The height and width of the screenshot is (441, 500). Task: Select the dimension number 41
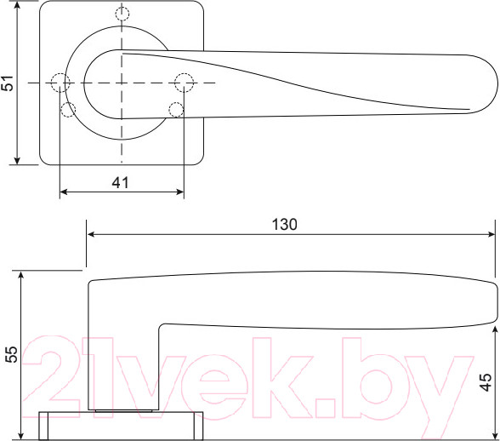[x=121, y=181]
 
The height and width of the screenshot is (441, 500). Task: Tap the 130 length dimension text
[x=284, y=225]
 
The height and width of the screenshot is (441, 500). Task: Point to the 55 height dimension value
[x=11, y=355]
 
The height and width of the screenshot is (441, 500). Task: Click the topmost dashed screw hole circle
[x=122, y=14]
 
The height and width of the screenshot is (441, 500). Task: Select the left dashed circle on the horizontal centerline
[x=60, y=83]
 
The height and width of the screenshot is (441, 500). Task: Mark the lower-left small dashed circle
[x=69, y=109]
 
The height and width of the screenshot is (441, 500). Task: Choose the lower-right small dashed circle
[x=176, y=109]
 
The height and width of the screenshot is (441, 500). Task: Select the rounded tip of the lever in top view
[x=491, y=83]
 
